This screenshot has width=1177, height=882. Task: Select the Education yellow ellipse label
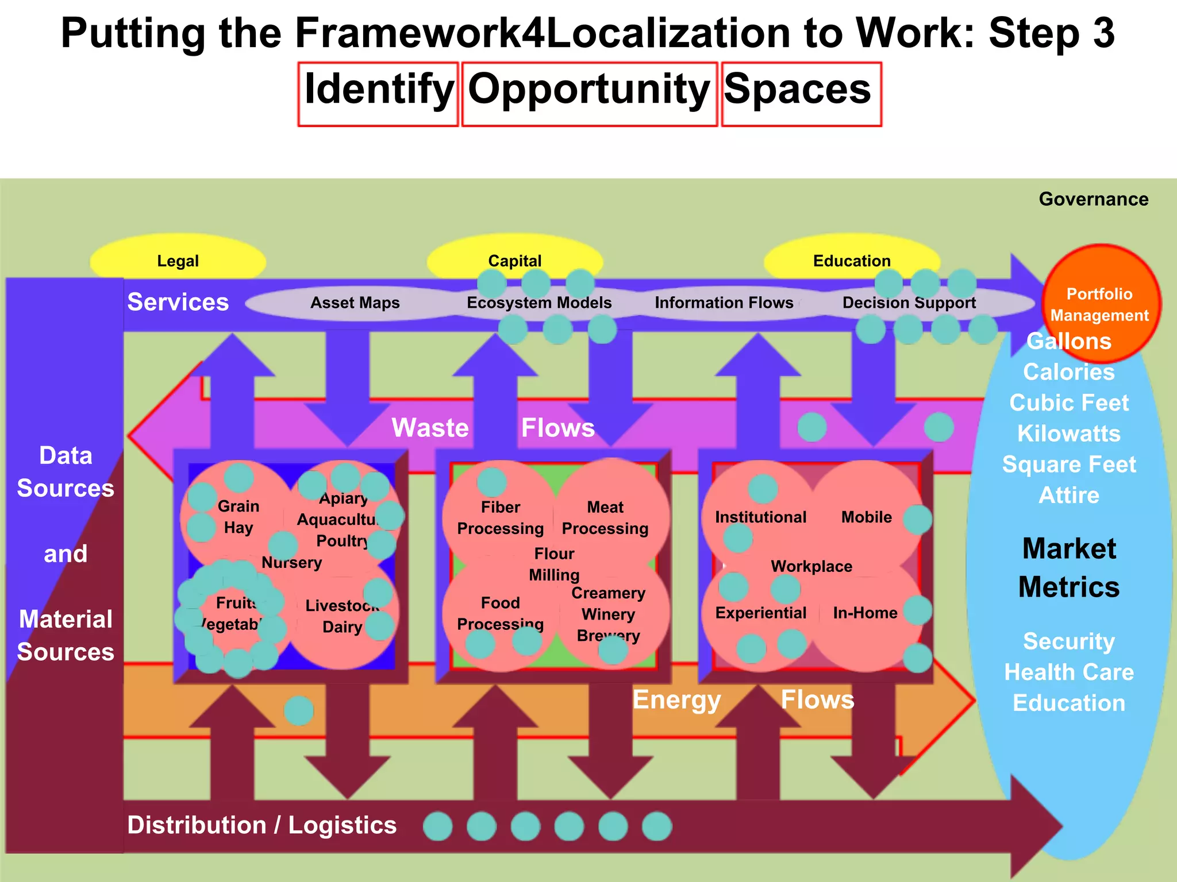(x=851, y=261)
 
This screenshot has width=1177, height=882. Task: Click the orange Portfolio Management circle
(x=1099, y=304)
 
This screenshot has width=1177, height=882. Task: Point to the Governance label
(x=1093, y=199)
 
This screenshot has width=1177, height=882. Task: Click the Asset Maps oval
(x=355, y=303)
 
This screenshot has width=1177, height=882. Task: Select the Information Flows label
(x=724, y=303)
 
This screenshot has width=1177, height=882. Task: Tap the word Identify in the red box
(x=378, y=90)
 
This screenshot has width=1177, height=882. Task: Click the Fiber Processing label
(x=500, y=517)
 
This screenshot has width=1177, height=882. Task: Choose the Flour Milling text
(x=554, y=564)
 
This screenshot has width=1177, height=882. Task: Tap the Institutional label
(x=760, y=517)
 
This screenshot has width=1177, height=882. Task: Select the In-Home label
(x=865, y=613)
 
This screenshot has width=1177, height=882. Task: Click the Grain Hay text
(x=239, y=517)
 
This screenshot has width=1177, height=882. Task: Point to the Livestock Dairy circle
(x=342, y=616)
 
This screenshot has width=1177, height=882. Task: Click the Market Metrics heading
(x=1069, y=567)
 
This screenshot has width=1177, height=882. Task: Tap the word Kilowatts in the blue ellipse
(x=1069, y=434)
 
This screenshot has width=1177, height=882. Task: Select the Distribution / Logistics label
(x=261, y=825)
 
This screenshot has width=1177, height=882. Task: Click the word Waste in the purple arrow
(x=430, y=428)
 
